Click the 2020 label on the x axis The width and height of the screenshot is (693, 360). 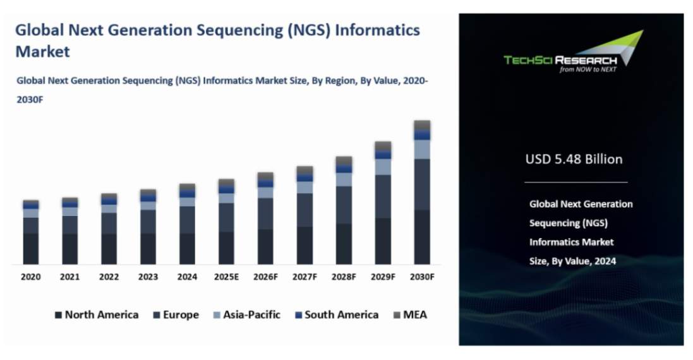point(31,277)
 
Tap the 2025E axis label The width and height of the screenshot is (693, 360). point(226,277)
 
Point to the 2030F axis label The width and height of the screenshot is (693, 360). point(421,277)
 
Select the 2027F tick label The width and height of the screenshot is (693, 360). point(304,277)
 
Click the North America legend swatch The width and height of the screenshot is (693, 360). point(58,315)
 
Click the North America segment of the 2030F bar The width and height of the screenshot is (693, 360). point(422,237)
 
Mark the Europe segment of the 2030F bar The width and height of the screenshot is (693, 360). point(422,184)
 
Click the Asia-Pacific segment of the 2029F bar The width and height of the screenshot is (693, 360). point(383,167)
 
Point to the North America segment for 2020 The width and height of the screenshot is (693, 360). point(31,248)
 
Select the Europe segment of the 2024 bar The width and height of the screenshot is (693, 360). point(187,220)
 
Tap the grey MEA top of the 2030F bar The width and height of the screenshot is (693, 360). point(422,125)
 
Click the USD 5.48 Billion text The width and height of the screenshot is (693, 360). point(574,159)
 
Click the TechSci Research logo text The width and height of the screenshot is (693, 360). point(560,60)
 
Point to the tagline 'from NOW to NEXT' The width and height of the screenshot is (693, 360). point(588,69)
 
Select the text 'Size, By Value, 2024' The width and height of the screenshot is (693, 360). point(572,261)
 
